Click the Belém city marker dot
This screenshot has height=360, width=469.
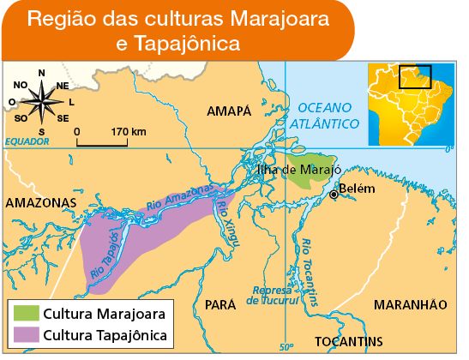[x=334, y=195]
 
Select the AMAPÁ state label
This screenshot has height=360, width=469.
[x=229, y=111]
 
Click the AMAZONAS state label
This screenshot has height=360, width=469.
[x=40, y=202]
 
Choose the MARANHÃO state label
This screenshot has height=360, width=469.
[x=411, y=304]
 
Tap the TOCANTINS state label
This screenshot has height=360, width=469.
[x=348, y=341]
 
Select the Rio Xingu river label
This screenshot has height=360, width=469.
[x=228, y=217]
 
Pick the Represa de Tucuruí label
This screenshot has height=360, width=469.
[x=273, y=295]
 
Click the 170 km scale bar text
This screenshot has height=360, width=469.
[x=129, y=131]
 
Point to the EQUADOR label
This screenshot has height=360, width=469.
[x=27, y=141]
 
